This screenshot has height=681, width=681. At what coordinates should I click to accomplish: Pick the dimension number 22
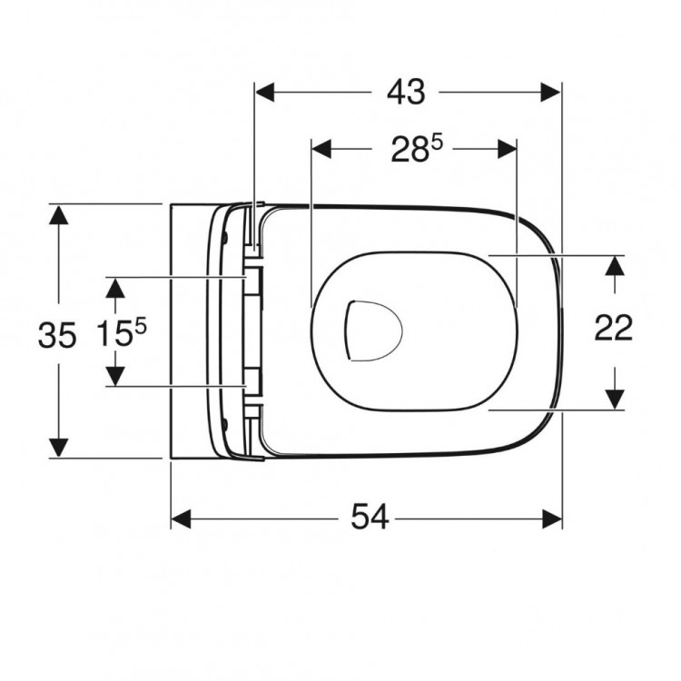614,329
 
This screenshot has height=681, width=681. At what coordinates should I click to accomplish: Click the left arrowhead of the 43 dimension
265,92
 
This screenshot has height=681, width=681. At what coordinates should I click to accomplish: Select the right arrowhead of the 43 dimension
553,92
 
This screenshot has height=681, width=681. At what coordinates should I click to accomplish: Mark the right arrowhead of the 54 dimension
553,518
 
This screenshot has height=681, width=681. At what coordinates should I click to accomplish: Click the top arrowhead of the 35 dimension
59,216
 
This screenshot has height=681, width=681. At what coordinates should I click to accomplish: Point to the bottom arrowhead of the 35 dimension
59,447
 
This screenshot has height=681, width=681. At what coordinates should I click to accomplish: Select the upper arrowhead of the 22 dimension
615,266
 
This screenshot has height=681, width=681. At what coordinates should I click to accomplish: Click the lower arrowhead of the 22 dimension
615,398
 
